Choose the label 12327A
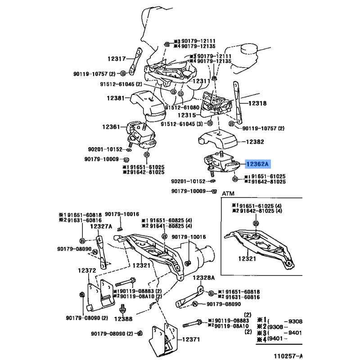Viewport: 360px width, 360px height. pyautogui.click(x=101, y=226)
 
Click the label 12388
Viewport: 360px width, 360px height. pyautogui.click(x=122, y=319)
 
